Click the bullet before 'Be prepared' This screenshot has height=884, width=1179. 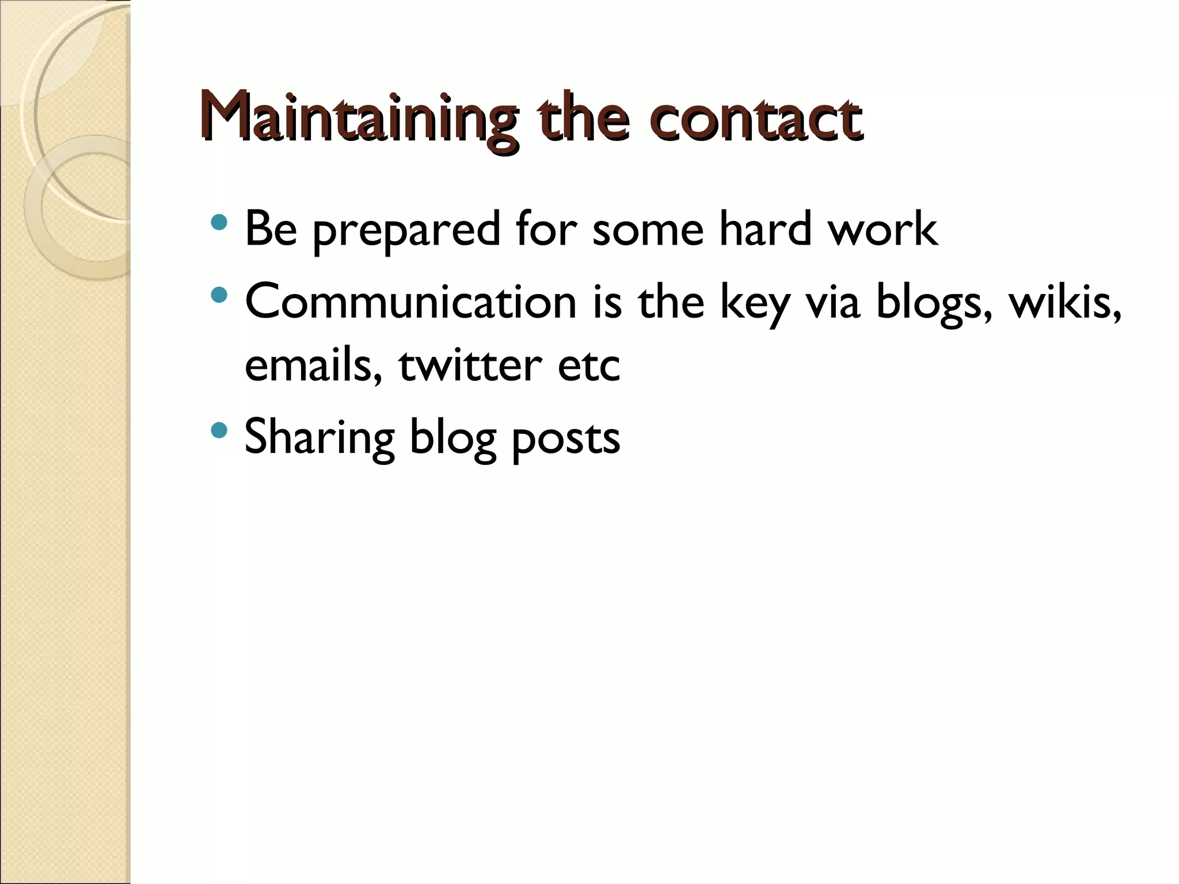(219, 222)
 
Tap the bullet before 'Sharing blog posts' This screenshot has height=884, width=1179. (219, 430)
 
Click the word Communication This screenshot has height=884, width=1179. (410, 302)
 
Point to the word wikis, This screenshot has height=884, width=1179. (1065, 302)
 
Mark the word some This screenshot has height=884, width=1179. (648, 230)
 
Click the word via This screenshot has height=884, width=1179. (832, 302)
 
